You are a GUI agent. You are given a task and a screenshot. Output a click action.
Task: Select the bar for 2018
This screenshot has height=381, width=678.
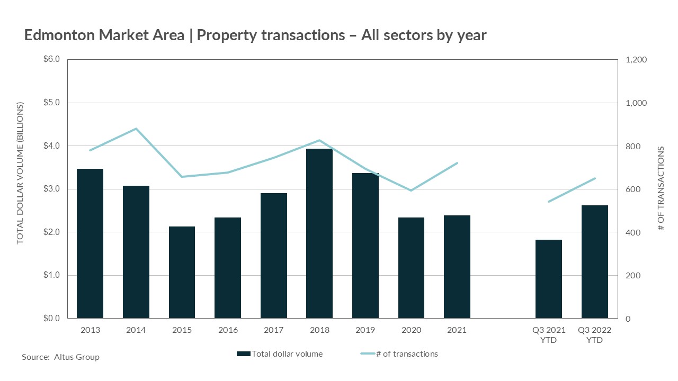pyautogui.click(x=319, y=233)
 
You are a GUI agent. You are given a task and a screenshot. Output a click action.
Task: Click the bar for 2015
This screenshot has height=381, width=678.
pyautogui.click(x=182, y=272)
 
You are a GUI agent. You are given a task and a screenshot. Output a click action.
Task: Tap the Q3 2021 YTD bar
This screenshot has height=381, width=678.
pyautogui.click(x=549, y=279)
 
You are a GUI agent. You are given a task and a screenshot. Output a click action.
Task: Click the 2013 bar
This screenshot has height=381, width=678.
pyautogui.click(x=90, y=243)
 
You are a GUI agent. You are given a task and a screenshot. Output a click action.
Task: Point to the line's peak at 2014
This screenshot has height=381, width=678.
pyautogui.click(x=136, y=129)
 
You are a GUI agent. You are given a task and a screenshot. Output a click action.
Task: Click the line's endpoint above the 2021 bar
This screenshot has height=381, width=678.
pyautogui.click(x=457, y=163)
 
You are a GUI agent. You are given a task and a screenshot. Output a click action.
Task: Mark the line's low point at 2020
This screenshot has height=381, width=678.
pyautogui.click(x=411, y=190)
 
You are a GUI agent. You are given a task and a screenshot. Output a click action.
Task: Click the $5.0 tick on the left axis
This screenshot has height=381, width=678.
pyautogui.click(x=51, y=103)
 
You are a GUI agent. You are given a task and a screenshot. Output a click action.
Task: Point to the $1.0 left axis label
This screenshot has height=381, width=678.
pyautogui.click(x=51, y=275)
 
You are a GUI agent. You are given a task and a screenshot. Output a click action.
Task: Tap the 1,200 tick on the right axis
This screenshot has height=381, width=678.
pyautogui.click(x=636, y=60)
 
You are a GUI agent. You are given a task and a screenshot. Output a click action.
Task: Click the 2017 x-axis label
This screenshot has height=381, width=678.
pyautogui.click(x=273, y=330)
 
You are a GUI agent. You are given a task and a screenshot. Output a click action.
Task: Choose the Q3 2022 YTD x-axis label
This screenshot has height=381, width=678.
pyautogui.click(x=594, y=335)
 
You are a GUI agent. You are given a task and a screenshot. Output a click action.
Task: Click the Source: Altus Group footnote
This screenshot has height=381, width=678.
pyautogui.click(x=60, y=357)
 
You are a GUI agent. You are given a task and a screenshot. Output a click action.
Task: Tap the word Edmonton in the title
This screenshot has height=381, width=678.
pyautogui.click(x=58, y=35)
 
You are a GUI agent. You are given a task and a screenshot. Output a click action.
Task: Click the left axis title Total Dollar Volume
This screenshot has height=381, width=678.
pyautogui.click(x=20, y=174)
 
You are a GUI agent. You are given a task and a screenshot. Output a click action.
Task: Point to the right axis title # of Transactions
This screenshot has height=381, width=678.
pyautogui.click(x=661, y=189)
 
